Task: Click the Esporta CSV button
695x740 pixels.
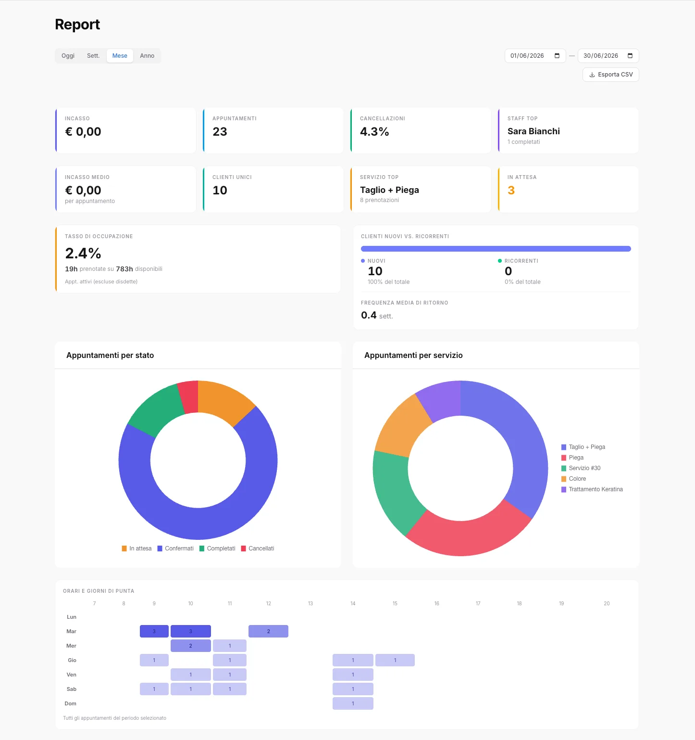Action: (x=610, y=75)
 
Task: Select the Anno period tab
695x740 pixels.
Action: (x=147, y=56)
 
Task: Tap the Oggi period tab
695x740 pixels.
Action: (x=68, y=56)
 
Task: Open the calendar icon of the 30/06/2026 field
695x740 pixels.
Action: (x=630, y=56)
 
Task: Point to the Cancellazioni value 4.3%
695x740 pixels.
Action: (x=374, y=132)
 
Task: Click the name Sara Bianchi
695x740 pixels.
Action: (x=534, y=131)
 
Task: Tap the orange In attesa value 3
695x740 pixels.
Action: (x=511, y=191)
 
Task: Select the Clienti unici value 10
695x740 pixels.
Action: (x=220, y=191)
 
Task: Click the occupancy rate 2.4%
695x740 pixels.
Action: (x=83, y=254)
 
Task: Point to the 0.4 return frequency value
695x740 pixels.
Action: (x=369, y=315)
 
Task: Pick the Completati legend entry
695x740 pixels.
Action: (x=218, y=549)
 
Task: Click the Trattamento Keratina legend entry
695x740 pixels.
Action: (x=592, y=489)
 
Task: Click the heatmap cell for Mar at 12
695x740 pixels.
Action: (x=268, y=631)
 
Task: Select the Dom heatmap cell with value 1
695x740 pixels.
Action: (x=353, y=703)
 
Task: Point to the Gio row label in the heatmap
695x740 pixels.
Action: (x=72, y=660)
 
